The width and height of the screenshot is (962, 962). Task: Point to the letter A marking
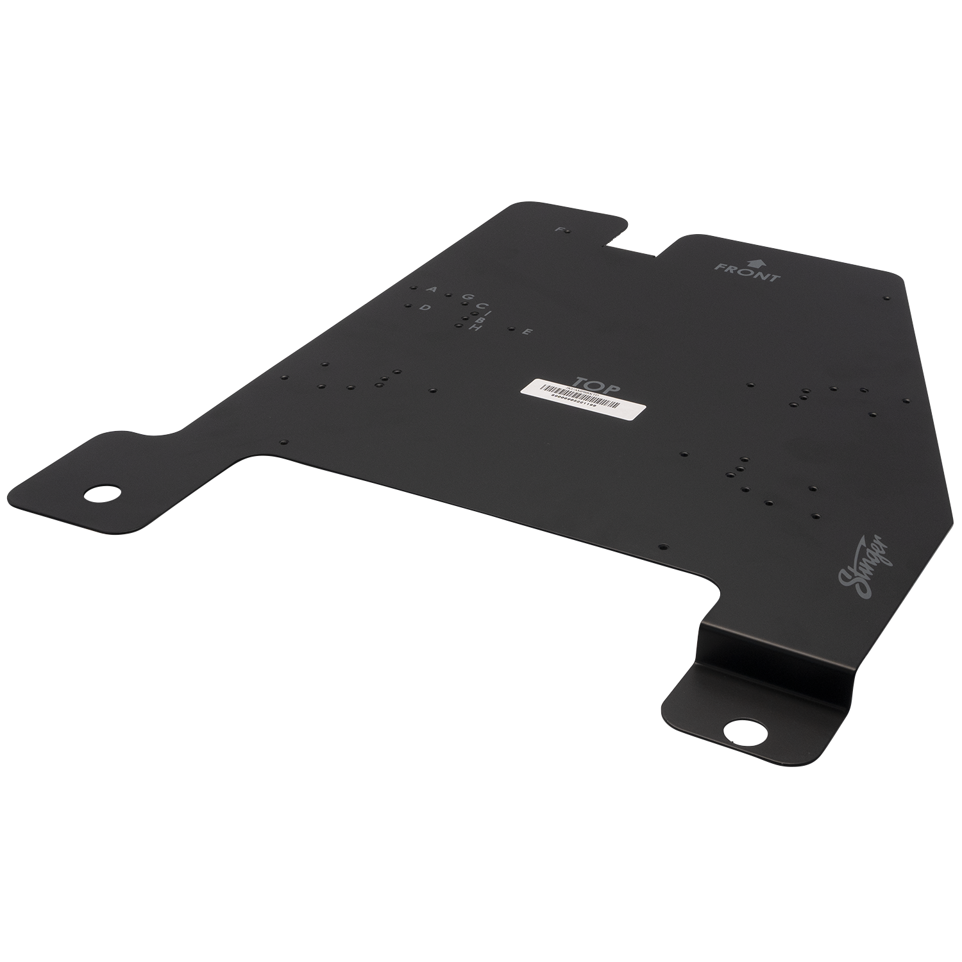pyautogui.click(x=432, y=290)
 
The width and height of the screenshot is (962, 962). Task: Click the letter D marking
pyautogui.click(x=424, y=308)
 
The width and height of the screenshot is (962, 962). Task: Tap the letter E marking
pyautogui.click(x=526, y=332)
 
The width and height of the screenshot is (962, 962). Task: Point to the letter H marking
pyautogui.click(x=475, y=328)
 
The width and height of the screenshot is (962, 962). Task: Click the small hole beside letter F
pyautogui.click(x=569, y=231)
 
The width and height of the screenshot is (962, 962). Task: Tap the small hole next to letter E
pyautogui.click(x=511, y=330)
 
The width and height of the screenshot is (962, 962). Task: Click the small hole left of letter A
pyautogui.click(x=414, y=289)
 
